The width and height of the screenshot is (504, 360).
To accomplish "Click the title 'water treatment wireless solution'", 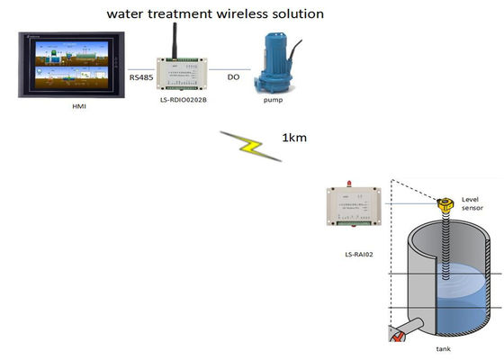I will pos(215,14).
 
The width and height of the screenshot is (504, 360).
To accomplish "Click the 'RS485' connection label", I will pos(142,77).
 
